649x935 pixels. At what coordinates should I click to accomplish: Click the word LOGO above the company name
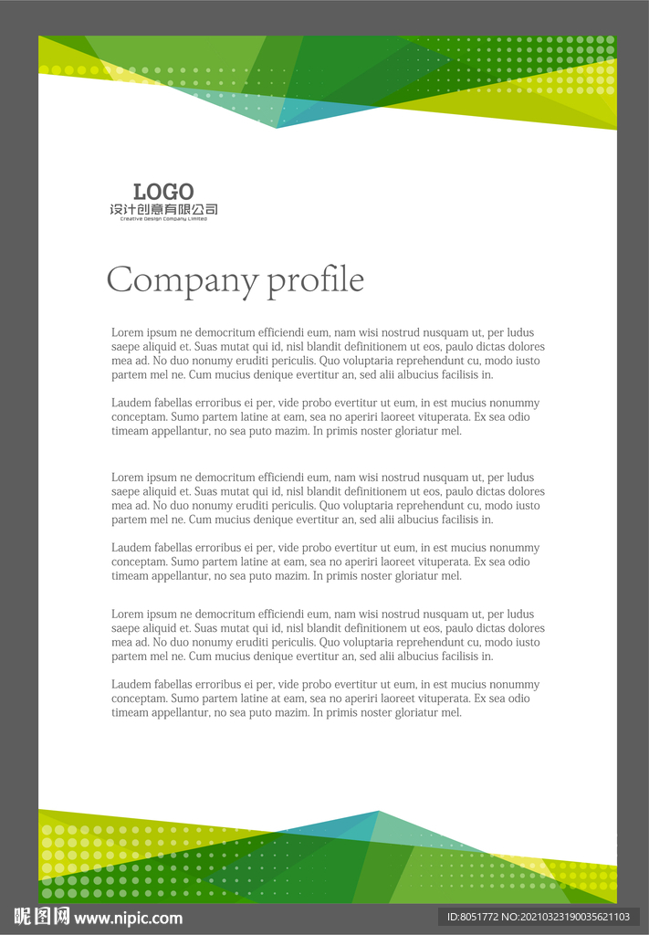(x=163, y=192)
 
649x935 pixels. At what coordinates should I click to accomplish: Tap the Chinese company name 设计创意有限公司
(x=163, y=210)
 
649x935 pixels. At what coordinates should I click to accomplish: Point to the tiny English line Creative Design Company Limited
(x=163, y=219)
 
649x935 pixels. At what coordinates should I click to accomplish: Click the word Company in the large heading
(x=183, y=280)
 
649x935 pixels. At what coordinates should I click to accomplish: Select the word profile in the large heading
(x=315, y=280)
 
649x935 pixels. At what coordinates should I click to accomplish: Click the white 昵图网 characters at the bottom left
(x=41, y=917)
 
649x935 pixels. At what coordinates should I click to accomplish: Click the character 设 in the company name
(x=116, y=210)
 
